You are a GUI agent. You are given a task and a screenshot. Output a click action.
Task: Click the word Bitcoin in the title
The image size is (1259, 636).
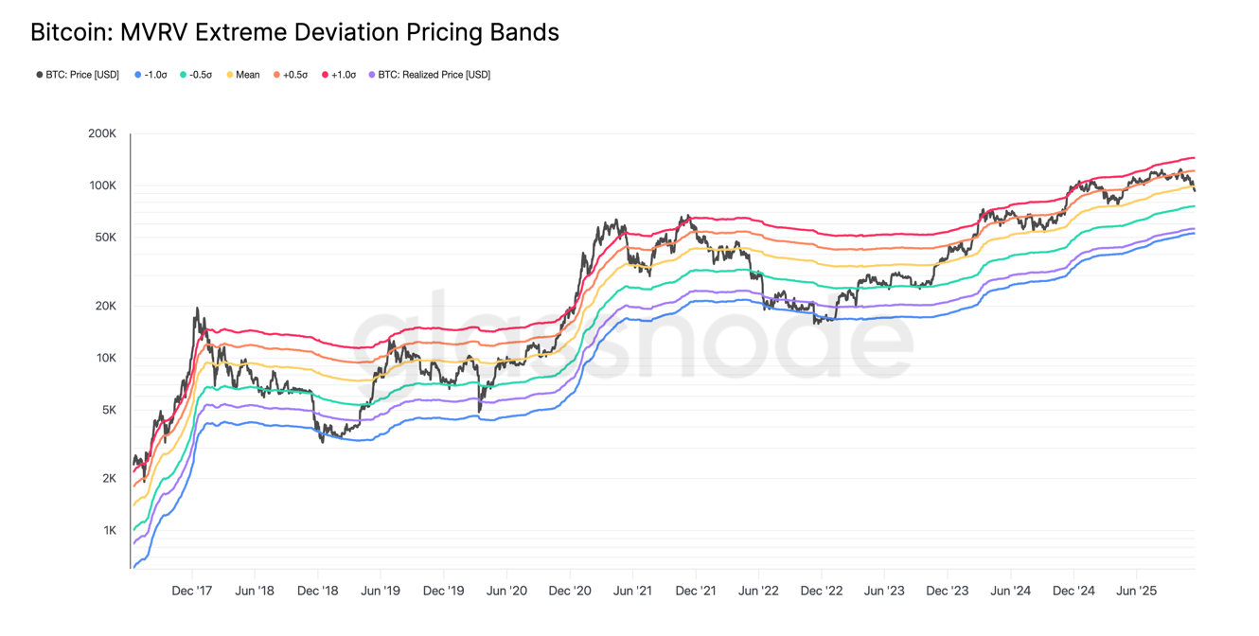[x=68, y=32]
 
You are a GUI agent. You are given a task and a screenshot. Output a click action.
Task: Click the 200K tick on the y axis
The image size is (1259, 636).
[x=102, y=134]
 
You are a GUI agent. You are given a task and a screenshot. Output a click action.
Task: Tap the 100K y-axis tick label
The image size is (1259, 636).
[x=102, y=185]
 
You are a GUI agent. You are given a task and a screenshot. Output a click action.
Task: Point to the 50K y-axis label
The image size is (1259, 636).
[x=105, y=238]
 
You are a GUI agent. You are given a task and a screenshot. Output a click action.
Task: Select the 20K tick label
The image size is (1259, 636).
[x=105, y=306]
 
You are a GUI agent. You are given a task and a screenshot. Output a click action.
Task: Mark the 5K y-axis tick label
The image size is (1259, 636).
[x=108, y=410]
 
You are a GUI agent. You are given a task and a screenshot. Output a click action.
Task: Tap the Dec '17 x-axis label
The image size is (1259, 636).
[x=191, y=591]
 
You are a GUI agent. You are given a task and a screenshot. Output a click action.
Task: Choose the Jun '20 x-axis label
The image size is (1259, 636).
[x=506, y=591]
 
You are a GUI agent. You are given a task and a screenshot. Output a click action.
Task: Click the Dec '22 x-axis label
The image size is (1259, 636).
[x=821, y=591]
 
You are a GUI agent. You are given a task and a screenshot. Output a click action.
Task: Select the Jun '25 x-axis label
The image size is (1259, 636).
[x=1136, y=591]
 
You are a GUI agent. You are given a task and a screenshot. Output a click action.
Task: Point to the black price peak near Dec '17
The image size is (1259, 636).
[x=197, y=309]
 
